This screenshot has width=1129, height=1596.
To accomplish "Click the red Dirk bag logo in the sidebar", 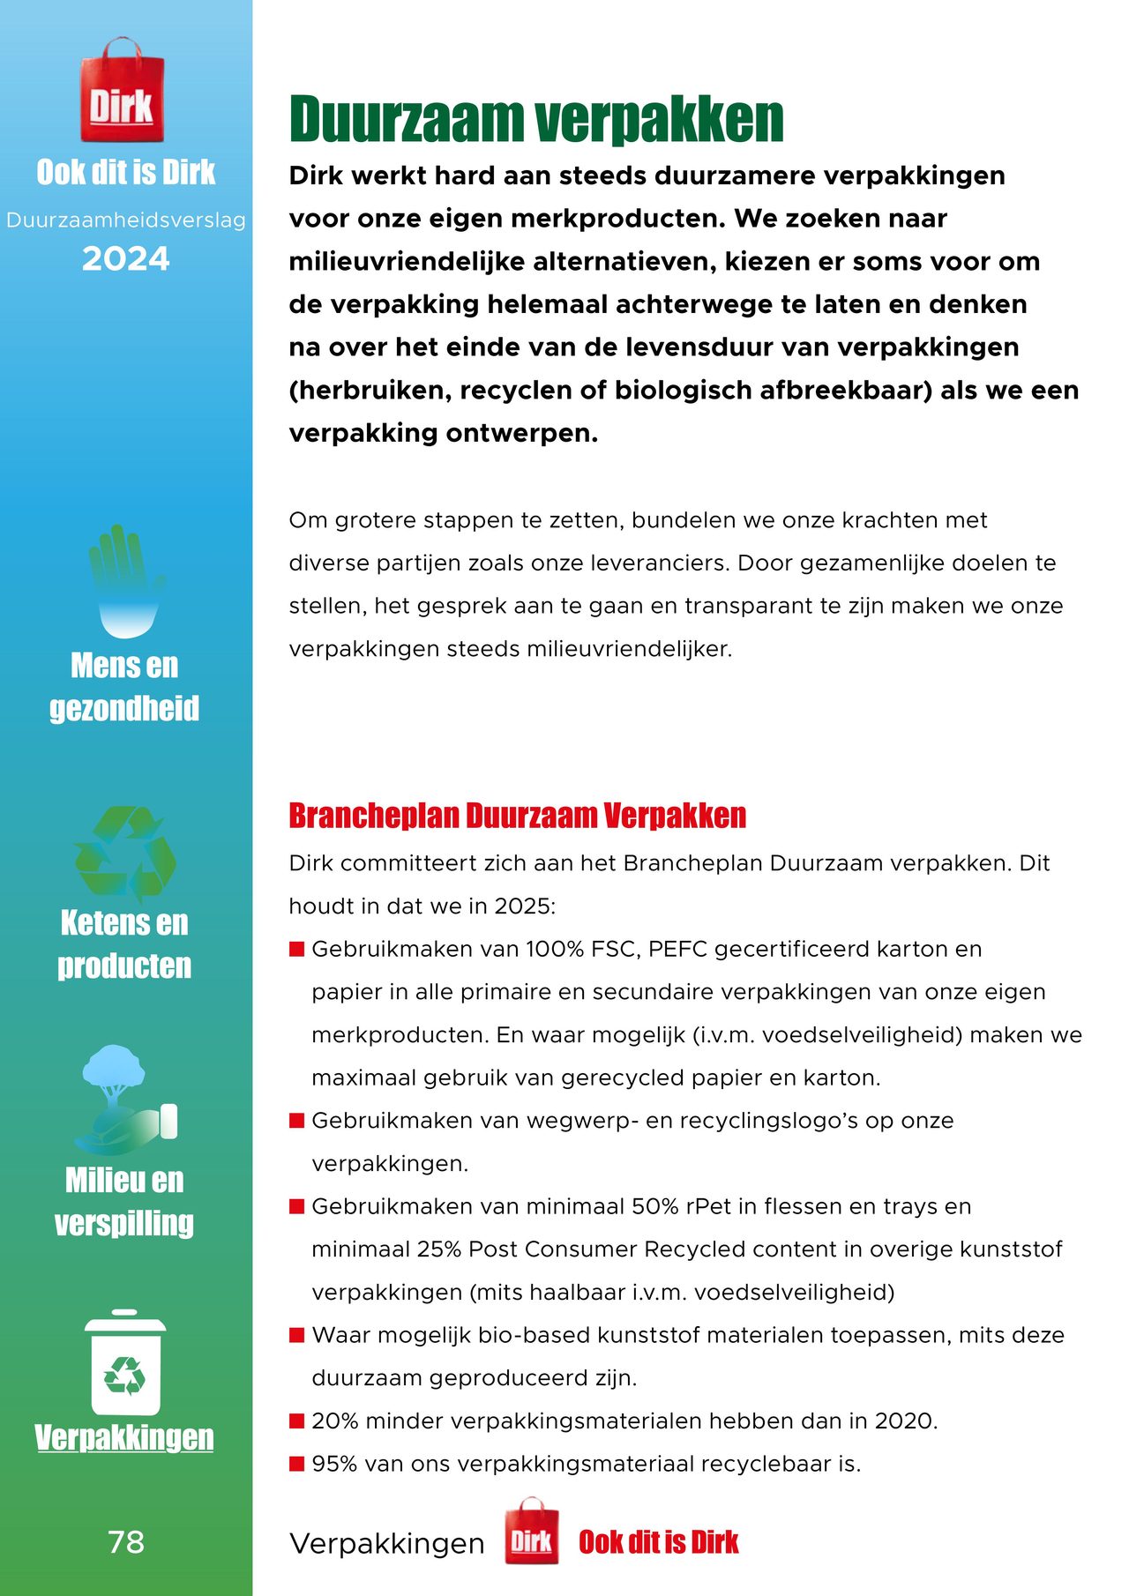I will tap(122, 92).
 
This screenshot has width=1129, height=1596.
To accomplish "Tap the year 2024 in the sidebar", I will tap(125, 259).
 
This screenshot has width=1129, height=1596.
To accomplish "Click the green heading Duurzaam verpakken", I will tap(536, 119).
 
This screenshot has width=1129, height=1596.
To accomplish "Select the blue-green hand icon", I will tap(125, 580).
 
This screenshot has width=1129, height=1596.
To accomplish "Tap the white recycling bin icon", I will tap(125, 1363).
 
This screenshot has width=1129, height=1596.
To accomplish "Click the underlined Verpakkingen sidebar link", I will tap(124, 1437).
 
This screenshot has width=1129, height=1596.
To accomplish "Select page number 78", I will tap(125, 1542).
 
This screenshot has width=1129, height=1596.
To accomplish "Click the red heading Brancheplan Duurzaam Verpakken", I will tap(517, 816).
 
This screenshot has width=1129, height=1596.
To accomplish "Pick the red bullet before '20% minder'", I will tap(297, 1421).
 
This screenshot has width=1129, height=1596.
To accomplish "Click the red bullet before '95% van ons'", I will tap(297, 1464).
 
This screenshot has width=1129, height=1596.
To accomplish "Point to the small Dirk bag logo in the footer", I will tap(532, 1540).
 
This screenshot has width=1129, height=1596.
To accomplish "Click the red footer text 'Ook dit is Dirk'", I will tap(658, 1542).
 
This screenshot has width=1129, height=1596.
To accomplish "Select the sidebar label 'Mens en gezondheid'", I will tap(124, 687).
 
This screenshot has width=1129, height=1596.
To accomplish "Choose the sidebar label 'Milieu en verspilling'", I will tap(124, 1201).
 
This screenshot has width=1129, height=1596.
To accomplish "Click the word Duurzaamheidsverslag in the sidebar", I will tap(125, 220).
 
